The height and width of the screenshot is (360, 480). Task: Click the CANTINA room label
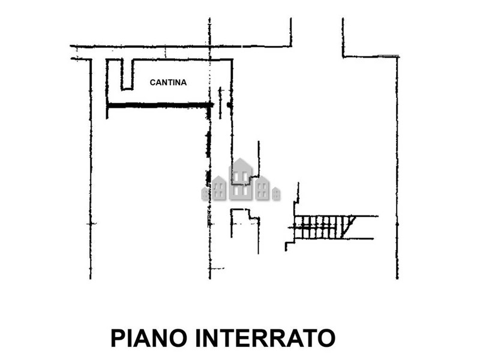168,82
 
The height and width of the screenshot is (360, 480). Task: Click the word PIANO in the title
149,338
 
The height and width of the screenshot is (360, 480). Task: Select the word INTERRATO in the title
265,338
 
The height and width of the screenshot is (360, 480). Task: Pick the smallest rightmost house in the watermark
276,193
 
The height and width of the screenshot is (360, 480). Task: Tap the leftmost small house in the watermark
205,193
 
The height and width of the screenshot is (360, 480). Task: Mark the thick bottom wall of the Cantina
160,106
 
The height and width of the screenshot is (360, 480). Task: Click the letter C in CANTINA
152,82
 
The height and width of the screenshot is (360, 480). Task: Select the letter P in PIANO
118,338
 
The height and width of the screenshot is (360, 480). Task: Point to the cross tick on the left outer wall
91,224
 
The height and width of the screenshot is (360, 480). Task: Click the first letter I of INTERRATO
197,338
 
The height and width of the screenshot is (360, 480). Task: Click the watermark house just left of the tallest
219,188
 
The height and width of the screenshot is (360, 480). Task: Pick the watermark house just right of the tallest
263,188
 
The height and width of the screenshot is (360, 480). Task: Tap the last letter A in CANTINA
184,82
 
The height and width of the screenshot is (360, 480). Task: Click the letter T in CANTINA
169,82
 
